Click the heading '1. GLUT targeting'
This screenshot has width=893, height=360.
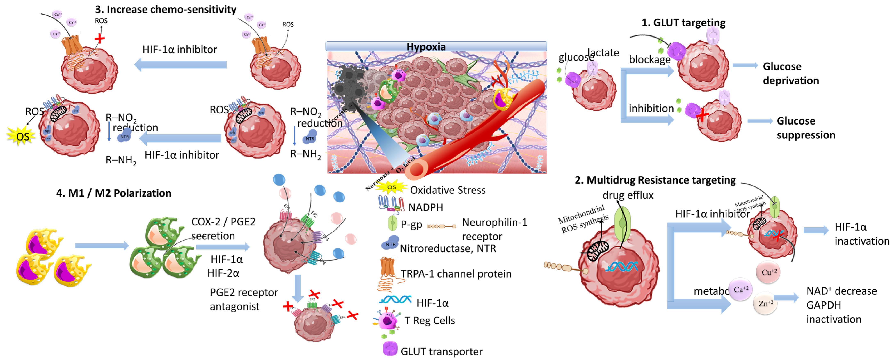[x=683, y=23]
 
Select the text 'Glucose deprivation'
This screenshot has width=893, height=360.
[x=791, y=73]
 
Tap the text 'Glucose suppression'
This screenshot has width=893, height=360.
[x=806, y=128]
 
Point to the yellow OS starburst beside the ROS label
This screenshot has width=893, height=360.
[x=22, y=136]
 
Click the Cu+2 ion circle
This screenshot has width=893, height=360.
[x=769, y=272]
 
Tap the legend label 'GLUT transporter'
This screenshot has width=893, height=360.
[x=441, y=351]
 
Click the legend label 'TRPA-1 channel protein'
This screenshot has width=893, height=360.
[x=456, y=274]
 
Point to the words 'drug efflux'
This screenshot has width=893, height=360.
[x=628, y=195]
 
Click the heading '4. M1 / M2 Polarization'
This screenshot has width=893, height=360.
[x=114, y=193]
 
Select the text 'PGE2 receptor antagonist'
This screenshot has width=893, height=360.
[x=243, y=299]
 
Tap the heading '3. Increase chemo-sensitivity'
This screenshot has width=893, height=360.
[x=166, y=9]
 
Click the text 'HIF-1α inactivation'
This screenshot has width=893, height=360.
[x=861, y=234]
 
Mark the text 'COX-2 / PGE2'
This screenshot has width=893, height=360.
[x=223, y=222]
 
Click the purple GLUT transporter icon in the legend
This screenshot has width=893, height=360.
[x=390, y=349]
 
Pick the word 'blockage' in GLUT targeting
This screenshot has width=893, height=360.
[x=650, y=60]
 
